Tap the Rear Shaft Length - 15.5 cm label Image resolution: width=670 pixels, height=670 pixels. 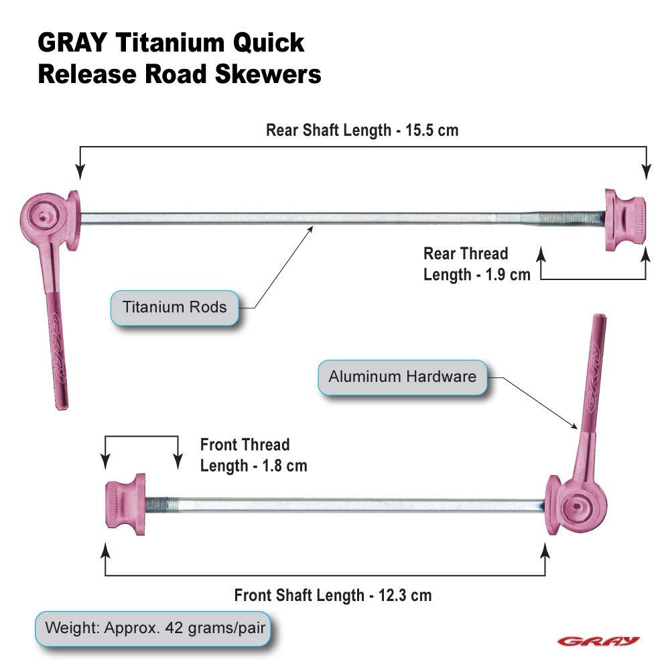362,130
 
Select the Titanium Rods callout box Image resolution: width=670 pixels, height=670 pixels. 174,308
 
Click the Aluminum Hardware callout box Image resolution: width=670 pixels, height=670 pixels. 402,376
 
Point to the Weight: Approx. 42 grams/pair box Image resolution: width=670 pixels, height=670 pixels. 155,628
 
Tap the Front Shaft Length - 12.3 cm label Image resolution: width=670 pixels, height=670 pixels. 332,595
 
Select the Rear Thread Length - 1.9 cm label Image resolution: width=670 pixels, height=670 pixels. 476,264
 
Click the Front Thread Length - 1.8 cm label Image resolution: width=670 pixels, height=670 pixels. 253,455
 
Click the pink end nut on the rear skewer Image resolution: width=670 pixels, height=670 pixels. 624,220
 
